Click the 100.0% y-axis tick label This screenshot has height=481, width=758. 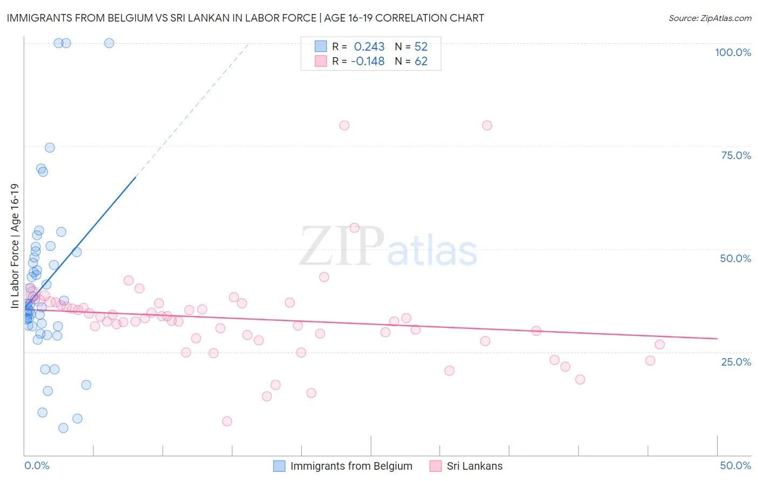click(x=733, y=52)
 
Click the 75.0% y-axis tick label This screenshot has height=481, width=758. click(x=736, y=155)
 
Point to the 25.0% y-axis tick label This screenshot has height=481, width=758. click(x=736, y=361)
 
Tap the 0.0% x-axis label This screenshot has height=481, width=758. click(x=37, y=465)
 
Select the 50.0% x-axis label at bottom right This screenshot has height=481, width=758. click(x=735, y=465)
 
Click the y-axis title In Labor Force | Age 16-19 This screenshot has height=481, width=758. click(x=15, y=246)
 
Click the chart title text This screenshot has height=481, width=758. click(x=245, y=18)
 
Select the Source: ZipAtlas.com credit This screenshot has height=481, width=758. click(x=709, y=18)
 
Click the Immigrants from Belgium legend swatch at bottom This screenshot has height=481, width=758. click(x=279, y=466)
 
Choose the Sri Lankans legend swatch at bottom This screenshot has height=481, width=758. click(x=436, y=466)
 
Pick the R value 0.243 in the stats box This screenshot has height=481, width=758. click(x=369, y=46)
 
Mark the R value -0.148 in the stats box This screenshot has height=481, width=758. click(x=368, y=61)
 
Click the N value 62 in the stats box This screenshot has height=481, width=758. click(x=421, y=61)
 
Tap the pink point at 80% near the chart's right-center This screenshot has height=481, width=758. click(x=487, y=125)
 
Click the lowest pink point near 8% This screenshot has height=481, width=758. click(x=227, y=421)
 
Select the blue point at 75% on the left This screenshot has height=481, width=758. click(x=50, y=148)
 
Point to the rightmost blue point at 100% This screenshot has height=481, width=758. click(x=109, y=43)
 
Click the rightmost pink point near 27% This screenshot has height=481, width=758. click(x=659, y=345)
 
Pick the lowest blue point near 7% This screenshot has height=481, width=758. click(x=63, y=428)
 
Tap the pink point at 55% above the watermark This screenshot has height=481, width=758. click(x=354, y=228)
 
